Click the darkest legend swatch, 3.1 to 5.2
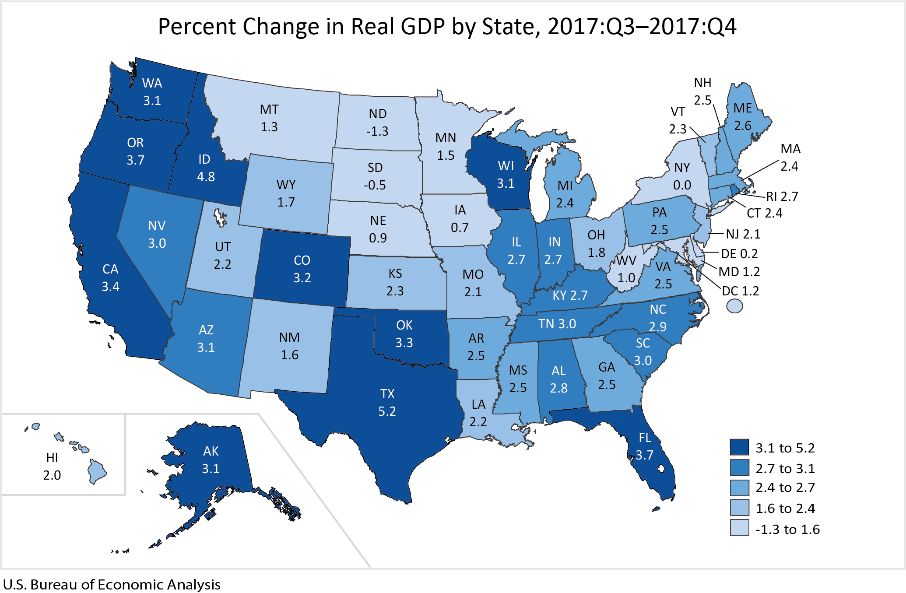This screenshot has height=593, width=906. tap(739, 447)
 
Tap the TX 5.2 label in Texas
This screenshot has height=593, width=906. tap(387, 403)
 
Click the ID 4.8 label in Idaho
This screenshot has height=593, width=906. tap(205, 168)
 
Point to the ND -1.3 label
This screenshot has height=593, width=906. tap(377, 123)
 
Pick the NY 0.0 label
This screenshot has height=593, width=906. tap(682, 176)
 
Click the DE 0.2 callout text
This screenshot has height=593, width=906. tap(739, 254)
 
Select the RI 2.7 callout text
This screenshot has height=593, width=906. tap(782, 196)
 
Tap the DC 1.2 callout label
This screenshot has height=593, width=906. tap(740, 291)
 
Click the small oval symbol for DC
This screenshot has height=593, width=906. tap(734, 306)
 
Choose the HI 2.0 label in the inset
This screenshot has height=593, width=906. tap(52, 467)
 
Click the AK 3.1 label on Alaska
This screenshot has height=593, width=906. tap(211, 460)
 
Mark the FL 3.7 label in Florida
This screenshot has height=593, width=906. tap(644, 446)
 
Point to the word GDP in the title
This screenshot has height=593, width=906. tap(424, 26)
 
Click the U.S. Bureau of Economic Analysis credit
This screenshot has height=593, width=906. tap(112, 585)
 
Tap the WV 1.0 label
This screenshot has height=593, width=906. tap(626, 269)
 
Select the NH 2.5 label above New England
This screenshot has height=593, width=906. tap(702, 91)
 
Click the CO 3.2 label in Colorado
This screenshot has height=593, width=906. tap(302, 269)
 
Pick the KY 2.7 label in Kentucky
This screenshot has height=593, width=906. tap(570, 295)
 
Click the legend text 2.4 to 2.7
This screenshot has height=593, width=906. tap(785, 488)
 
